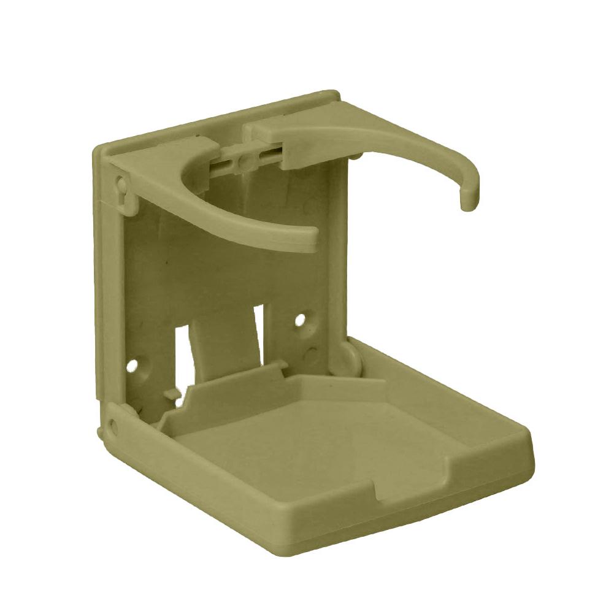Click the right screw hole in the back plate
(300, 320)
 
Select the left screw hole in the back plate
(132, 366)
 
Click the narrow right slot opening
(259, 331)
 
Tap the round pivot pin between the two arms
(245, 161)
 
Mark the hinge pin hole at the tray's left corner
(113, 424)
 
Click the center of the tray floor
(319, 442)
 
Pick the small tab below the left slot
(178, 401)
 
